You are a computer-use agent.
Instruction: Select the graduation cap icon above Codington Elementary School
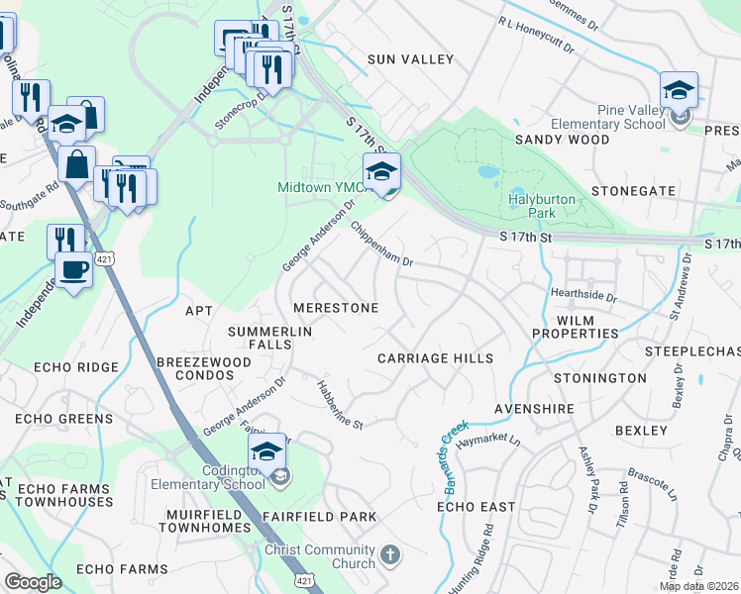click(266, 452)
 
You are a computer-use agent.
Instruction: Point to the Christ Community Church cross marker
click(391, 553)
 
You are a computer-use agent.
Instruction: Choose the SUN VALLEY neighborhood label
click(410, 59)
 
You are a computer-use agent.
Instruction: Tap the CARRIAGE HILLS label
click(435, 357)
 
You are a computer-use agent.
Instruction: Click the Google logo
click(33, 582)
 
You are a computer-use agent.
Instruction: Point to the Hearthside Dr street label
click(583, 295)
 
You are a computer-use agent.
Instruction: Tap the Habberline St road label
click(341, 405)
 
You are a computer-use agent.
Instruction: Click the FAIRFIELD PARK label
click(319, 517)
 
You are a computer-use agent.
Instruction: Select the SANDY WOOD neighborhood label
click(562, 141)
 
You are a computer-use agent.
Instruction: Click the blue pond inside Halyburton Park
click(487, 171)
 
